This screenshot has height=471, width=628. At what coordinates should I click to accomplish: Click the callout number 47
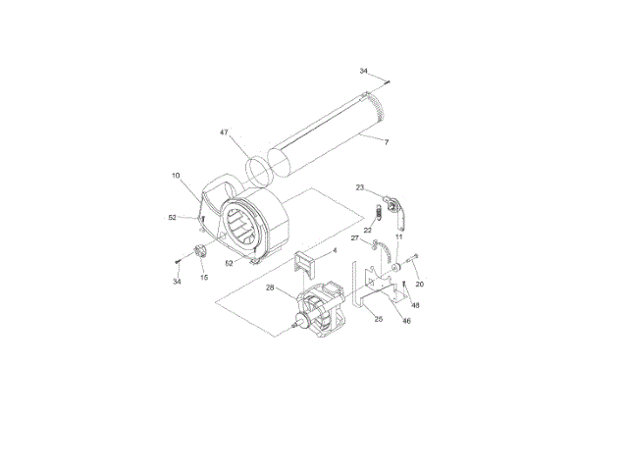click(x=224, y=132)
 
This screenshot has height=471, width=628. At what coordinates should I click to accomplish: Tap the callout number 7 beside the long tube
click(x=387, y=142)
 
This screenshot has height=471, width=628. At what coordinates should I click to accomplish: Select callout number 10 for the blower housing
click(x=176, y=176)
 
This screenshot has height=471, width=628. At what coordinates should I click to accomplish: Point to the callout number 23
click(x=360, y=187)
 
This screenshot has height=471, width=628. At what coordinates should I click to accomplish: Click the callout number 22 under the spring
click(x=368, y=231)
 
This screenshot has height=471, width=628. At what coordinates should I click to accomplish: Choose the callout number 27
click(x=355, y=238)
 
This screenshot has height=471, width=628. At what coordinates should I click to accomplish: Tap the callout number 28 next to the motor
click(x=270, y=288)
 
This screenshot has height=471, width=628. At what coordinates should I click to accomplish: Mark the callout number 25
click(x=379, y=319)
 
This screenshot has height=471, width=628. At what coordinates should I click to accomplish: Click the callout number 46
click(x=406, y=321)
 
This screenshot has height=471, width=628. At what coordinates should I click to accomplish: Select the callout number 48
click(x=415, y=305)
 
